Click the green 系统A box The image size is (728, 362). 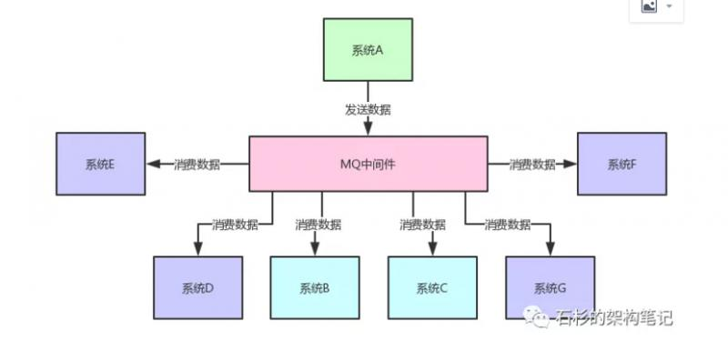(x=368, y=49)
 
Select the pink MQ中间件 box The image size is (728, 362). (x=368, y=164)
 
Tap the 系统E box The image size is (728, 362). (x=100, y=164)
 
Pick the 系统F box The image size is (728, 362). (x=622, y=164)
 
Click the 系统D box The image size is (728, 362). (x=197, y=288)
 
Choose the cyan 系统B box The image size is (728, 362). (x=314, y=288)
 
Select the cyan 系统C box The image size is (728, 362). (x=432, y=288)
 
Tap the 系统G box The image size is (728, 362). (x=550, y=288)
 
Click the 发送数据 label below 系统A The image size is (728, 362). (x=368, y=109)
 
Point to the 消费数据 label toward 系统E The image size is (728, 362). (x=197, y=164)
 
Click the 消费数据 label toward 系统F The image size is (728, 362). (x=532, y=164)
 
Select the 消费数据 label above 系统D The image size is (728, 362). (x=234, y=224)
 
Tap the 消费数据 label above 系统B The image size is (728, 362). (x=318, y=224)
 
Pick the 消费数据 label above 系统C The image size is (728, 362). (x=422, y=224)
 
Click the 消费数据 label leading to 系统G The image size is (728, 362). (x=507, y=224)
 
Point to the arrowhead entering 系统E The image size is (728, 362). (x=154, y=164)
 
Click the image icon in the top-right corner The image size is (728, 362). (x=650, y=6)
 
